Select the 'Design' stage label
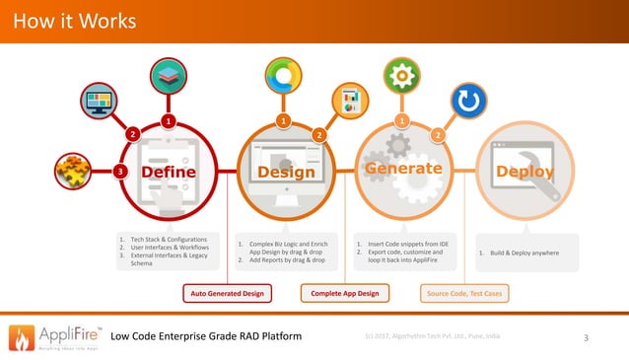(x=286, y=174)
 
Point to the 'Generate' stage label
(x=404, y=169)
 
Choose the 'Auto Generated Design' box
(x=226, y=293)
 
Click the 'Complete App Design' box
(x=344, y=293)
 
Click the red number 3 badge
(x=120, y=172)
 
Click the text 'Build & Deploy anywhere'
(x=519, y=252)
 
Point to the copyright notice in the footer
(x=431, y=336)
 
